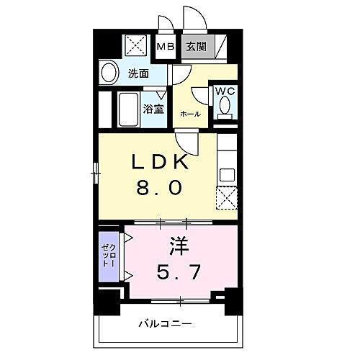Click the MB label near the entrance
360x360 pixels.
pos(166,48)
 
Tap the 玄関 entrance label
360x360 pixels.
pos(195,48)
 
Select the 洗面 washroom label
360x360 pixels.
pos(139,73)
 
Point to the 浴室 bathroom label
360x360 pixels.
pos(153,109)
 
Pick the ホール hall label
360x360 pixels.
pos(190,114)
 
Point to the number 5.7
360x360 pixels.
pos(180,273)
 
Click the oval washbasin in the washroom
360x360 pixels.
pos(109,73)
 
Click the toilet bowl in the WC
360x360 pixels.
pos(225,107)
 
